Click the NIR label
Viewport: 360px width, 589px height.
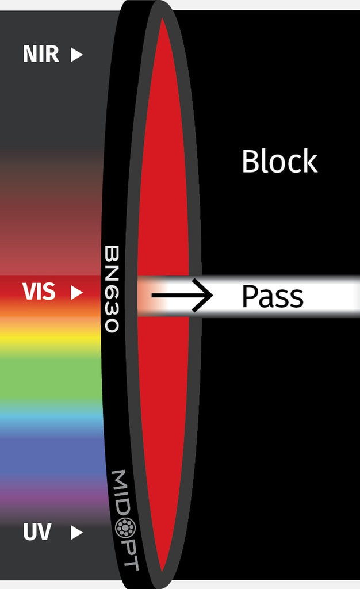[40, 55]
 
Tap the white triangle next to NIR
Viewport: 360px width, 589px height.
[76, 55]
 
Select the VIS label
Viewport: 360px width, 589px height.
[39, 292]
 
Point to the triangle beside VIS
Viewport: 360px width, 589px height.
[76, 293]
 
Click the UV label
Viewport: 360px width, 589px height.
[37, 532]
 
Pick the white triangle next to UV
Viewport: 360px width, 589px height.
[76, 533]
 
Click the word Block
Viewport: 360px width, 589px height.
[279, 162]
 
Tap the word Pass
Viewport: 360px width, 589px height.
[272, 297]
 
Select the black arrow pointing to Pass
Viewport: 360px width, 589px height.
[182, 296]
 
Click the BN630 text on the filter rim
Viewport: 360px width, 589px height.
[112, 289]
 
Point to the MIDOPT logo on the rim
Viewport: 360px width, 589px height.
[125, 519]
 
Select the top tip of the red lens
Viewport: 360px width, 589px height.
[163, 20]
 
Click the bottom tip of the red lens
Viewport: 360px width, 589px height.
[163, 570]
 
